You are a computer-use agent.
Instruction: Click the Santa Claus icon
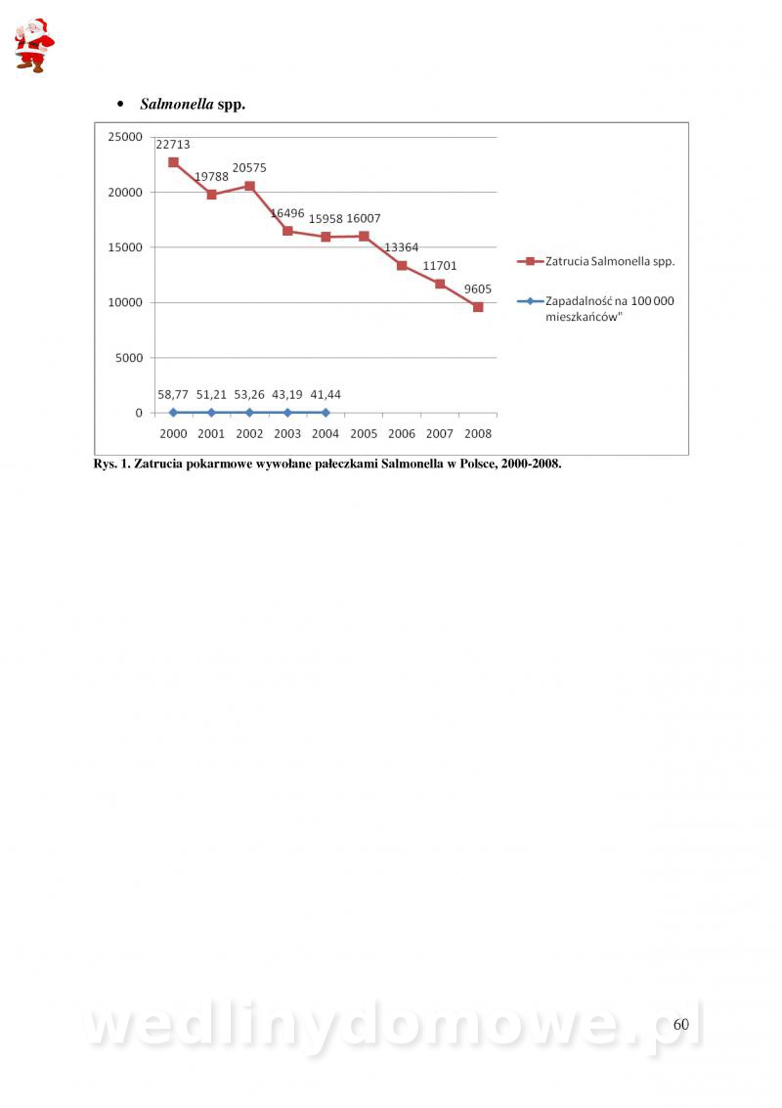click(x=33, y=45)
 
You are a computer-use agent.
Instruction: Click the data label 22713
click(x=173, y=145)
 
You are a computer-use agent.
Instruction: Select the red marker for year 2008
click(x=478, y=307)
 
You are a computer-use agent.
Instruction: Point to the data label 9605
click(x=478, y=288)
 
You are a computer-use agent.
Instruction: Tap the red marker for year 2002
click(x=249, y=186)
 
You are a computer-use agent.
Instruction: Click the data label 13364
click(x=401, y=247)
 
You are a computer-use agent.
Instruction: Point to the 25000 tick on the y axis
click(x=124, y=137)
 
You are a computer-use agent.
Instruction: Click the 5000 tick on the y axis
click(x=128, y=358)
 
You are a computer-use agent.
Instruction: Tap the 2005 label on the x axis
click(x=364, y=433)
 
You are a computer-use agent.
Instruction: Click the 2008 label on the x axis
click(x=478, y=433)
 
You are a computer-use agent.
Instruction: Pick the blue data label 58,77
click(x=173, y=394)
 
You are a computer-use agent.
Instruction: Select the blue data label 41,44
click(x=326, y=394)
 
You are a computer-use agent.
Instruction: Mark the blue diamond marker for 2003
click(x=287, y=413)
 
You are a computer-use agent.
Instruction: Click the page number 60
click(x=680, y=1025)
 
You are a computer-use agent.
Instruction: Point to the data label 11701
click(x=440, y=266)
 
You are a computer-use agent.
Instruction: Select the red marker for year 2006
click(x=402, y=265)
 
